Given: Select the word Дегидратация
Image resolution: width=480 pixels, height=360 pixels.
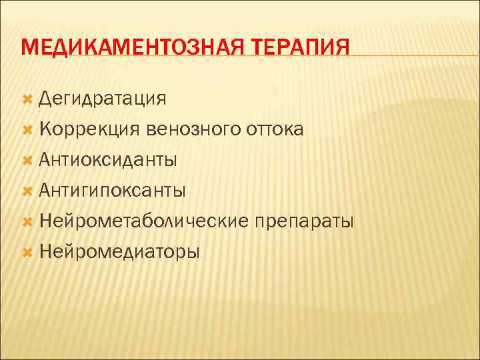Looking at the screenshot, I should [x=102, y=99].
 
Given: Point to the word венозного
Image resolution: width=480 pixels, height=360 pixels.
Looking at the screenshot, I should [x=190, y=129].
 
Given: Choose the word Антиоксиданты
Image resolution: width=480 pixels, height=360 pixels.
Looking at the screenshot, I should [x=108, y=159].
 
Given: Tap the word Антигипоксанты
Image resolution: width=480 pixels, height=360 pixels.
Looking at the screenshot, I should [x=112, y=190].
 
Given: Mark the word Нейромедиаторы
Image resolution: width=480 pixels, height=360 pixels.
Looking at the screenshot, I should [x=119, y=251].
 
